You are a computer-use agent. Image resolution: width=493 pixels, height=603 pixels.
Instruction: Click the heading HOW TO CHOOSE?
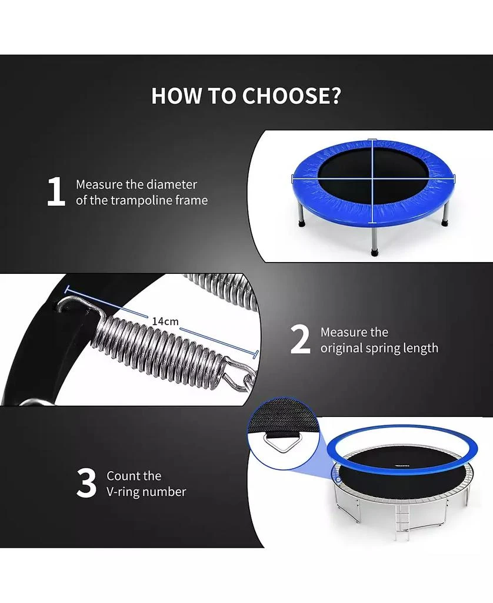pyautogui.click(x=246, y=96)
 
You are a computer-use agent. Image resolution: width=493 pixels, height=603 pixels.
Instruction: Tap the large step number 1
pyautogui.click(x=56, y=191)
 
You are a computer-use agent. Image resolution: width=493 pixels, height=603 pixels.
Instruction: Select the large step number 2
pyautogui.click(x=299, y=339)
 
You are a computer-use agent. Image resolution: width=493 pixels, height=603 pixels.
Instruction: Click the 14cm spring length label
pyautogui.click(x=165, y=321)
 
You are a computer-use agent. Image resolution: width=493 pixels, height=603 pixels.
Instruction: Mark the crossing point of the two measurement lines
pyautogui.click(x=372, y=178)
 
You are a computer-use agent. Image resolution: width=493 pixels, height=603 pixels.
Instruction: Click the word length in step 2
pyautogui.click(x=421, y=349)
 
